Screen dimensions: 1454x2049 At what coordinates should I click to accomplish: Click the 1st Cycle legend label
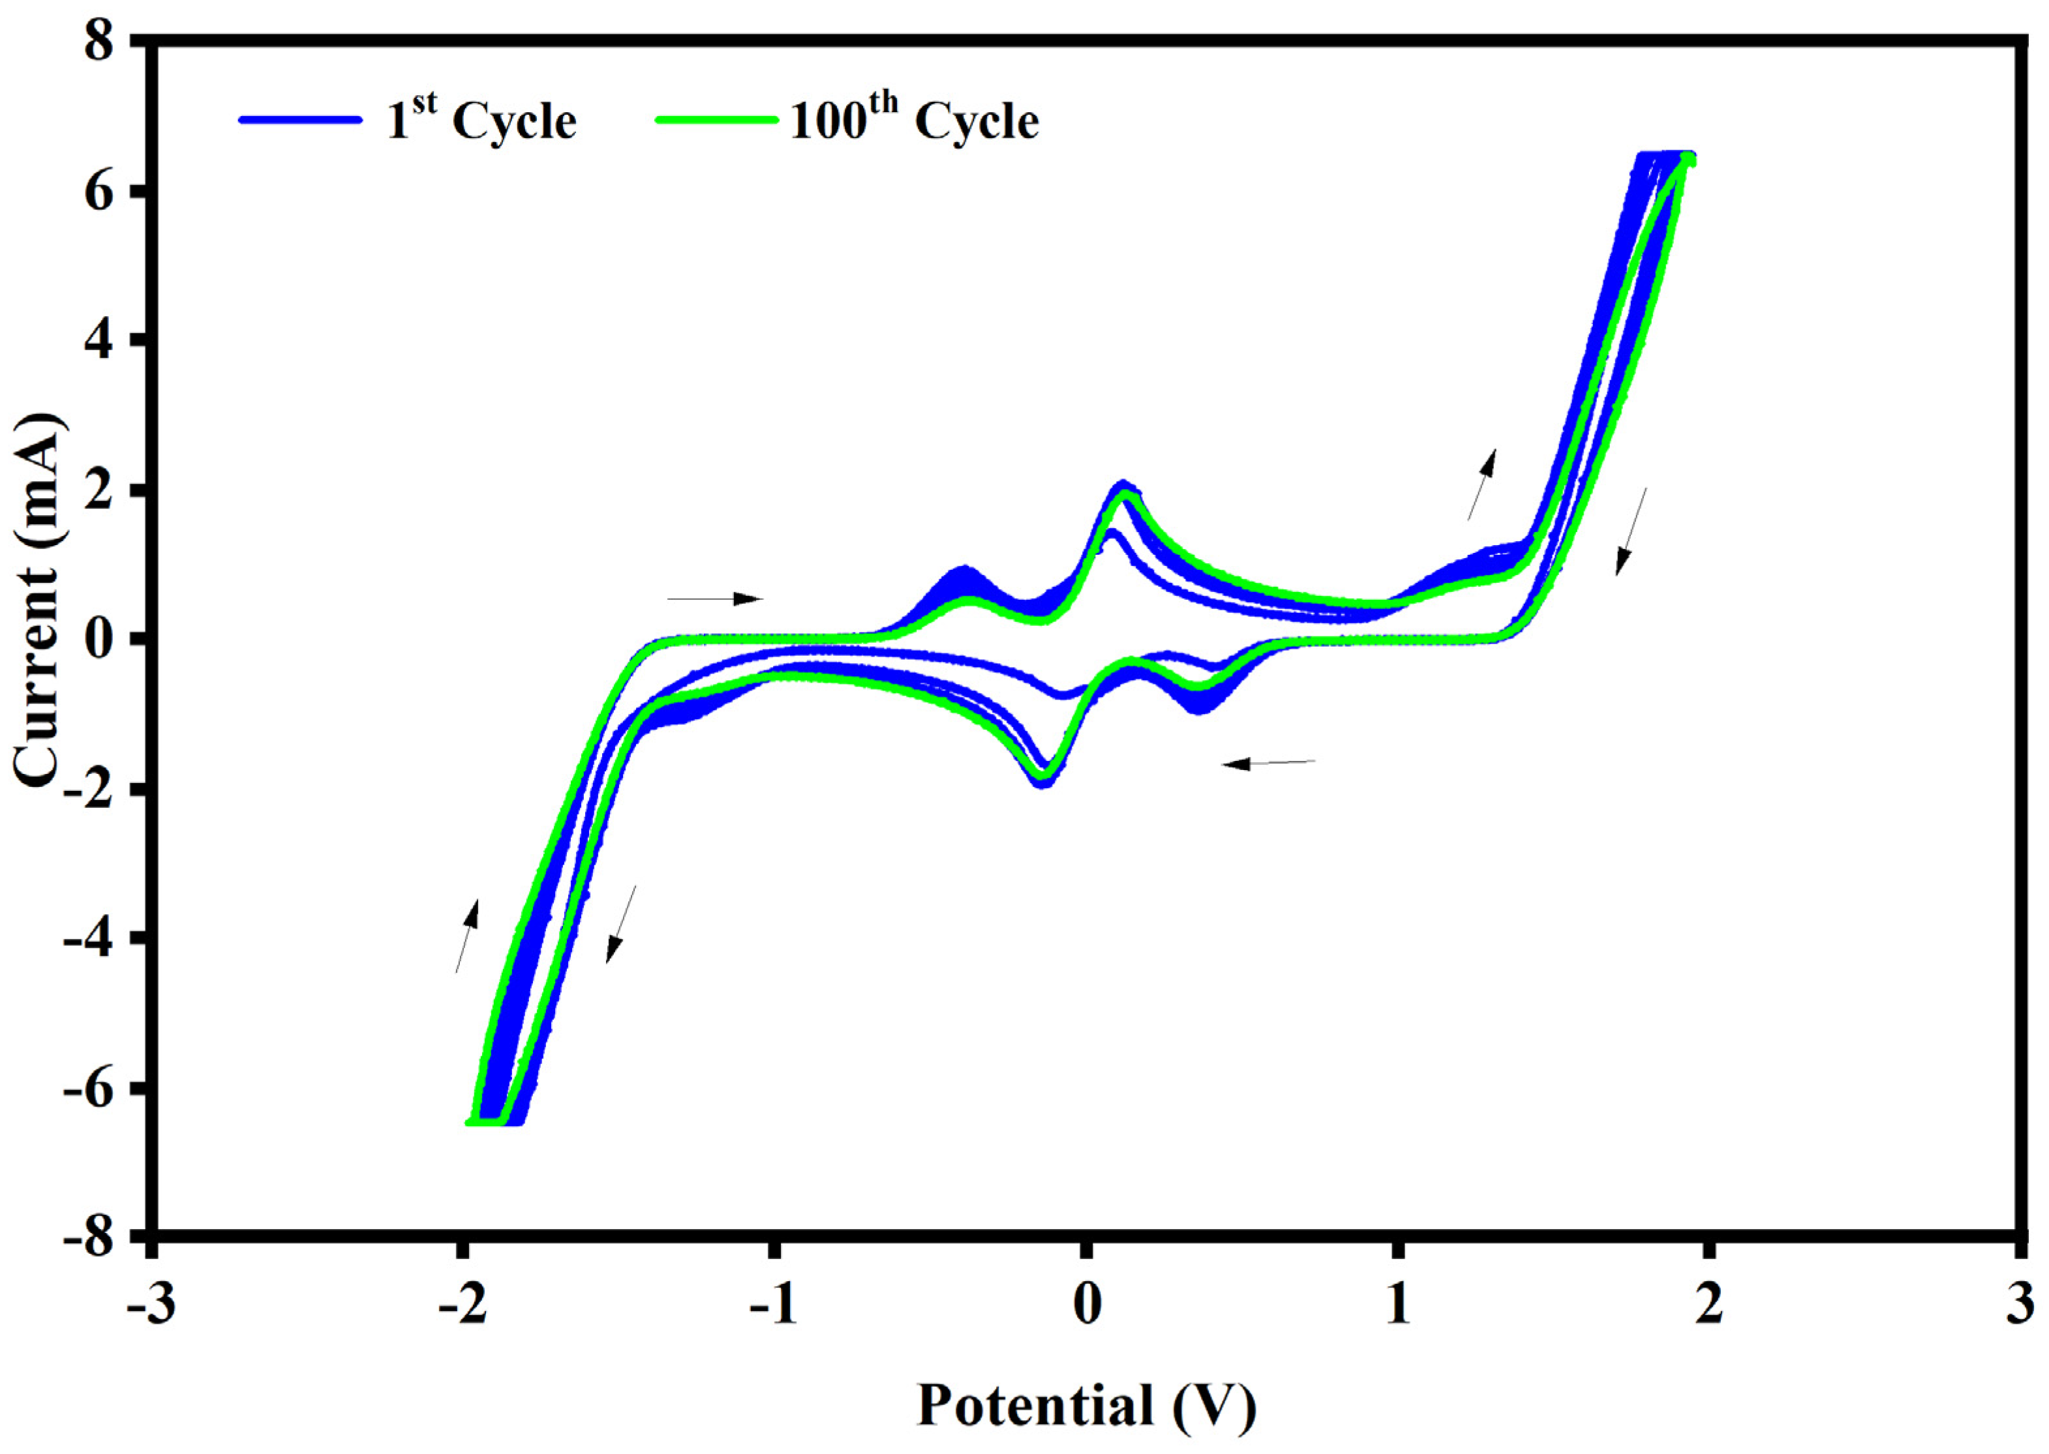click(481, 120)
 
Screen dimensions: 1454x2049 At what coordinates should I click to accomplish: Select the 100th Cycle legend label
click(913, 120)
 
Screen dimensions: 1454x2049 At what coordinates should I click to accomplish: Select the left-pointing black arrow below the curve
click(1268, 763)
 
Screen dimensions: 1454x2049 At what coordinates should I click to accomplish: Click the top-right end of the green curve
click(1687, 159)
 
